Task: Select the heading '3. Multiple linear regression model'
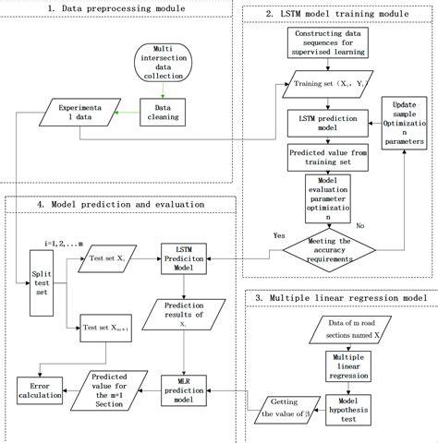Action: [340, 300]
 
